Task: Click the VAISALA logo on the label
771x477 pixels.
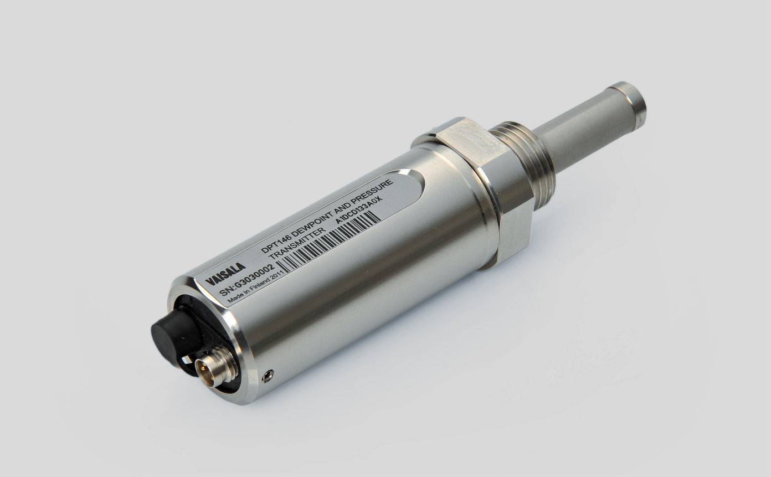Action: click(x=225, y=274)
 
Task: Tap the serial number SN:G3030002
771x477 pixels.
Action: click(x=248, y=280)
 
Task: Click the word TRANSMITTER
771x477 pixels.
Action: click(x=295, y=245)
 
